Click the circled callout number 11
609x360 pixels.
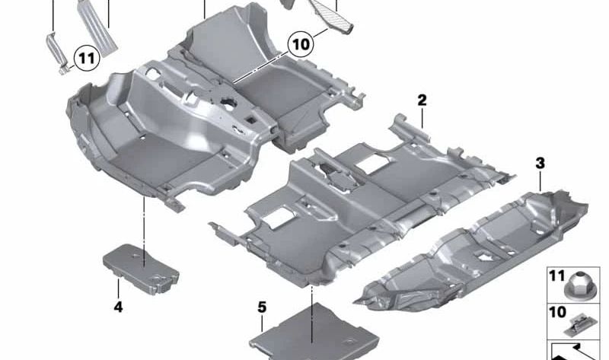(x=86, y=56)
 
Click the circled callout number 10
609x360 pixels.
(x=301, y=43)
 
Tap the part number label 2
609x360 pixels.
(x=421, y=100)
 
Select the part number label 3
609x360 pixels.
(x=540, y=163)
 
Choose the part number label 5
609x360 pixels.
(x=262, y=307)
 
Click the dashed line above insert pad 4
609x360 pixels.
(x=144, y=221)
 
